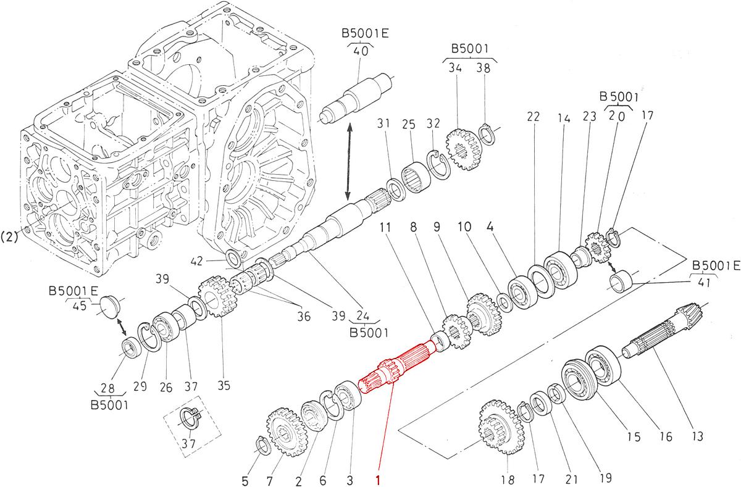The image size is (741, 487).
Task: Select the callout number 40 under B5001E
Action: point(361,51)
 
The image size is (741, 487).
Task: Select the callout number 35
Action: point(223,386)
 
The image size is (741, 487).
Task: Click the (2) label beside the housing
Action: point(9,235)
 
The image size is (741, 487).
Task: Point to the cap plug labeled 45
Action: point(108,306)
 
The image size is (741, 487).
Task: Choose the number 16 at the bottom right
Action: point(664,437)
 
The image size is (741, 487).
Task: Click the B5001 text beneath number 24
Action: point(368,333)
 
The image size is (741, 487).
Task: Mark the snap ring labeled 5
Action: point(262,444)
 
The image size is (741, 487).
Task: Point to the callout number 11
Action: point(385,227)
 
